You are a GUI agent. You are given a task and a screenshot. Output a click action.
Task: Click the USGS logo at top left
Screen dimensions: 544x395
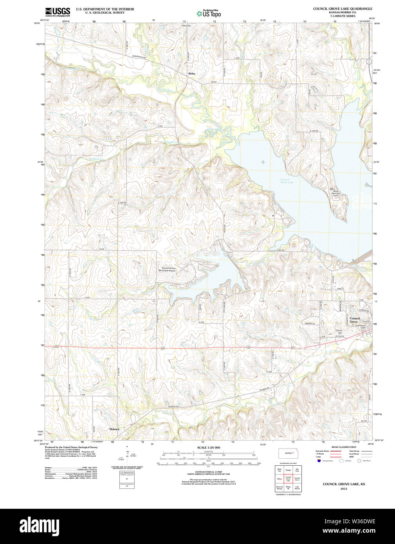[58, 11]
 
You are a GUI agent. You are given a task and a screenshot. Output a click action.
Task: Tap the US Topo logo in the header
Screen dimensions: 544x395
[209, 14]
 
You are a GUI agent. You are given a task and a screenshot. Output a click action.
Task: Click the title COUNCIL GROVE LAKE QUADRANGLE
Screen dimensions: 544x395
[343, 9]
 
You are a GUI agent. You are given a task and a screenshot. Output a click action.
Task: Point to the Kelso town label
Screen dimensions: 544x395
[191, 74]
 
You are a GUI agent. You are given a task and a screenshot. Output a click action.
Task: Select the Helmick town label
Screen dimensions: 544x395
[114, 429]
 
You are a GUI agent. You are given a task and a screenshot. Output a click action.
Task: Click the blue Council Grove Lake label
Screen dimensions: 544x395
[287, 181]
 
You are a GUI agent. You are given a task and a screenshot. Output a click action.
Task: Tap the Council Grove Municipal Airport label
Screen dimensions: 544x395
[168, 269]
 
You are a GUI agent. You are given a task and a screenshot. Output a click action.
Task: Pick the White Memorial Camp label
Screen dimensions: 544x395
[335, 193]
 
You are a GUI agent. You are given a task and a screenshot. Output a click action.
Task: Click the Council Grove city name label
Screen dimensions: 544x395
[355, 320]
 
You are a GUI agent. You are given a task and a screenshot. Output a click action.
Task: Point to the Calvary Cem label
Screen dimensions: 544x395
[339, 331]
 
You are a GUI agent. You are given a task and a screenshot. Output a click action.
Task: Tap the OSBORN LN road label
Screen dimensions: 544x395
[310, 323]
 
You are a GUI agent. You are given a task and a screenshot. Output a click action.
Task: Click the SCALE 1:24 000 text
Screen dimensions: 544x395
[208, 447]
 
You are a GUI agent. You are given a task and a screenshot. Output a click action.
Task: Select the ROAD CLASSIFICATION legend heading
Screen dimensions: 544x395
[344, 447]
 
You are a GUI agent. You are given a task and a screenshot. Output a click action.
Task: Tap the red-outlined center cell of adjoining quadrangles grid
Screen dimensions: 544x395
[288, 479]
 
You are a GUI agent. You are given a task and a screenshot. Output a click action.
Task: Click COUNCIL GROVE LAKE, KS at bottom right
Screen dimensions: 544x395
[344, 484]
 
